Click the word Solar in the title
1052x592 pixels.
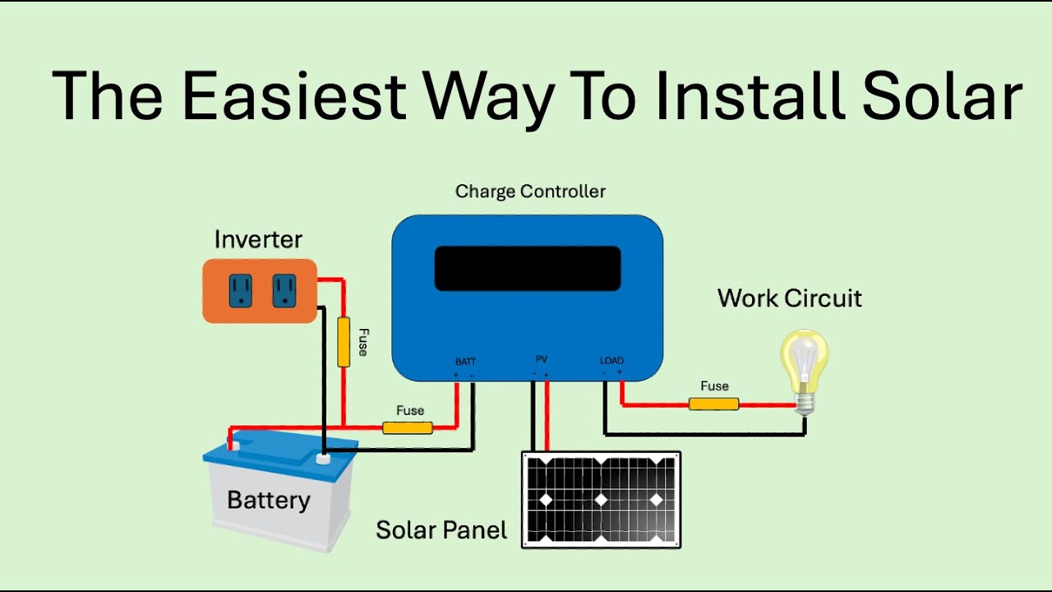point(942,96)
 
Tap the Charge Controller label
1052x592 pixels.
point(530,192)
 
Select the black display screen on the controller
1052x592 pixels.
point(527,268)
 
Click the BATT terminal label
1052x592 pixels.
point(465,362)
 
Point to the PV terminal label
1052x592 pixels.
point(542,359)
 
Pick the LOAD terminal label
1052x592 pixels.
point(611,360)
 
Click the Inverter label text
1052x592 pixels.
point(258,239)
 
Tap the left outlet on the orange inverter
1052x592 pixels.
point(240,290)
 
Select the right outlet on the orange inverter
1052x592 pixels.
point(284,290)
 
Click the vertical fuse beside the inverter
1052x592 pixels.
point(344,341)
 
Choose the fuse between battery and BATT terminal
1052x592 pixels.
point(408,428)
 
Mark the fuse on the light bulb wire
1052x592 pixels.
point(713,404)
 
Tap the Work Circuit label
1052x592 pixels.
point(789,298)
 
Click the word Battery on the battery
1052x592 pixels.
point(269,500)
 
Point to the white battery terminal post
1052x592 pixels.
point(323,458)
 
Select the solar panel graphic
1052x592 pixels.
point(602,499)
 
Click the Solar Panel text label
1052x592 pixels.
point(441,530)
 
